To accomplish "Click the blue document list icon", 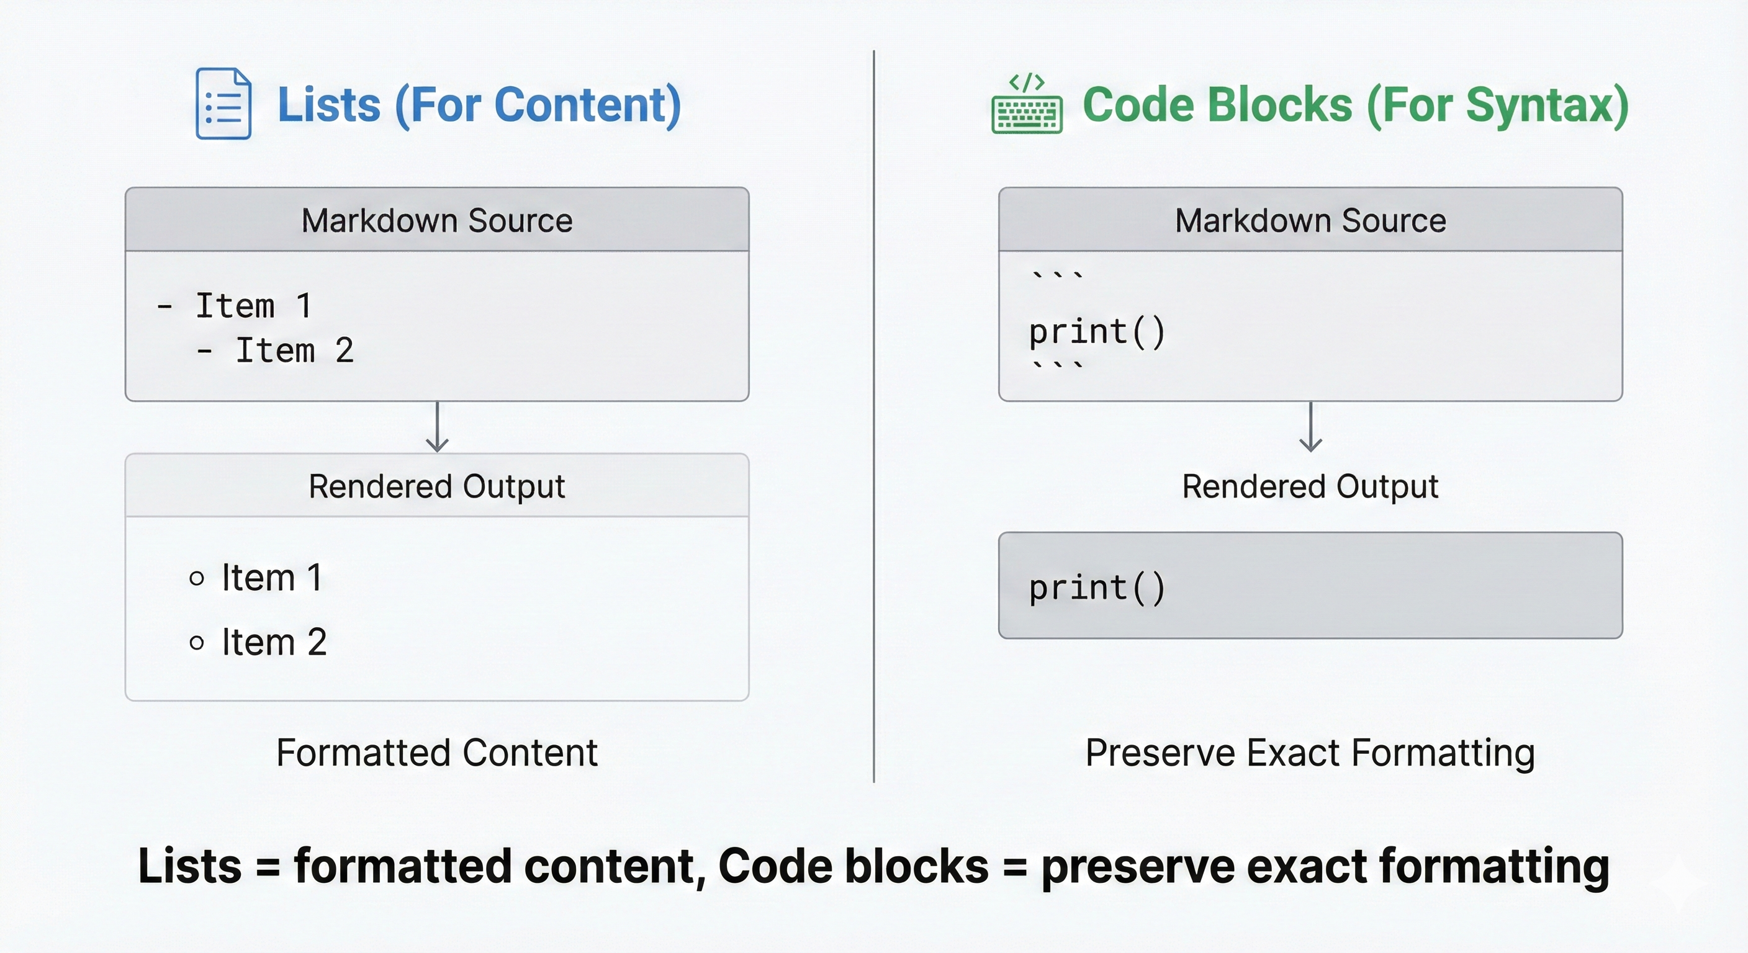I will [x=223, y=104].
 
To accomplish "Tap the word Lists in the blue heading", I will [x=329, y=105].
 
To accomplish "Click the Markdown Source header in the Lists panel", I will [x=437, y=220].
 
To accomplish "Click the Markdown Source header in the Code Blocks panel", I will [x=1310, y=220].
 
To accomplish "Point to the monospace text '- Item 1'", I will [x=235, y=306].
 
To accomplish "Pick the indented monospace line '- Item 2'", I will [x=276, y=351].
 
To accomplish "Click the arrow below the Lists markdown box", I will [x=437, y=427].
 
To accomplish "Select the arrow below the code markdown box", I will [x=1310, y=427].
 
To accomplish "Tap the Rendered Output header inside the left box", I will [x=437, y=486].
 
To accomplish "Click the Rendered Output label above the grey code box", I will [x=1310, y=486].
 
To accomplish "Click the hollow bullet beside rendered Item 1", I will [x=197, y=578].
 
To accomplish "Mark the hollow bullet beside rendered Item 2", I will [x=197, y=642].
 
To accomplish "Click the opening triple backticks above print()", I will [x=1057, y=275].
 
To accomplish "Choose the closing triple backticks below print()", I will [x=1057, y=365].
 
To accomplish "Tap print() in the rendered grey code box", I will [x=1097, y=588].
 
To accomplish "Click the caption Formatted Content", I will [x=437, y=753].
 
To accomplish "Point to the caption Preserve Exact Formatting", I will [x=1310, y=753].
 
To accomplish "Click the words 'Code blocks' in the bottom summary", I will [x=853, y=866].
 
